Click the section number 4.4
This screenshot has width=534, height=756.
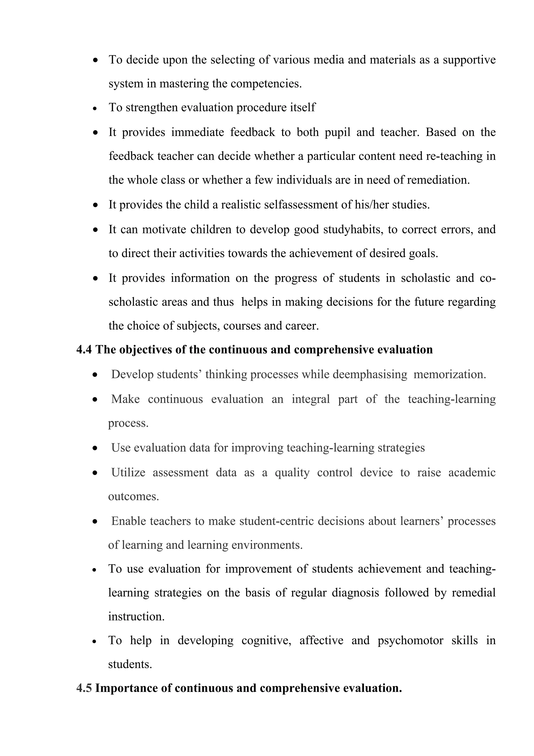pyautogui.click(x=84, y=350)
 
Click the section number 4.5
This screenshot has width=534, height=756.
pyautogui.click(x=84, y=688)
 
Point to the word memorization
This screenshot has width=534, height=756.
pyautogui.click(x=449, y=374)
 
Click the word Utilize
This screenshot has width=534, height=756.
pyautogui.click(x=128, y=473)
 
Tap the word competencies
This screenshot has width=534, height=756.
pyautogui.click(x=266, y=84)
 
